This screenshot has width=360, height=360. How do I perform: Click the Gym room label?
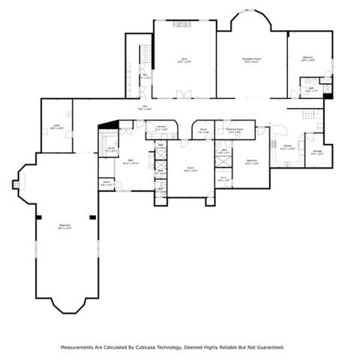[183, 59]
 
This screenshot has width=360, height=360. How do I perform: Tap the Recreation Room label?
[251, 59]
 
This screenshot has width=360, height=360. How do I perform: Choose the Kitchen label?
[287, 147]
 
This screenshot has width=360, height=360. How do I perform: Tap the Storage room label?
[317, 153]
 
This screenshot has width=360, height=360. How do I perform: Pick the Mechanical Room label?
[237, 130]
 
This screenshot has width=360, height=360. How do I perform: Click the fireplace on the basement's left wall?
[16, 181]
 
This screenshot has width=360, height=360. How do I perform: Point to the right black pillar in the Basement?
[91, 217]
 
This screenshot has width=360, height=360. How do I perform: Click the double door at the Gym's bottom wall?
[181, 94]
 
